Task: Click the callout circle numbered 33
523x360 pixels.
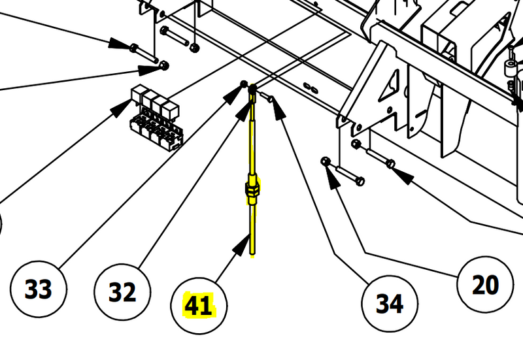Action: [x=39, y=289]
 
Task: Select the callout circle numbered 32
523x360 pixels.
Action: [x=122, y=292]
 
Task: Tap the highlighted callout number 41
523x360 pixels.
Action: [x=199, y=305]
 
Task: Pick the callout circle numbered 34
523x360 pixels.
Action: [x=390, y=304]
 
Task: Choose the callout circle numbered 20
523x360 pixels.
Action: [x=485, y=284]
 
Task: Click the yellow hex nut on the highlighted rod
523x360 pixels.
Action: [x=252, y=189]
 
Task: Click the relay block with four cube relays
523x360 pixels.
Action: [x=156, y=118]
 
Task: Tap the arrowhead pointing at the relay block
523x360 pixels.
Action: [x=120, y=107]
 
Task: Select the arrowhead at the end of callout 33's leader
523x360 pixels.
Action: [x=233, y=95]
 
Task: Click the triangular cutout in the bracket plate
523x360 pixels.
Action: [x=390, y=86]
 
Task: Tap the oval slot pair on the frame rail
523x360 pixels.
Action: [x=310, y=88]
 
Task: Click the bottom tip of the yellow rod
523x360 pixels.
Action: [x=252, y=256]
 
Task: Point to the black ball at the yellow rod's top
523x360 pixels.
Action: [x=253, y=89]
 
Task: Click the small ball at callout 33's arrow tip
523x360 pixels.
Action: [x=244, y=84]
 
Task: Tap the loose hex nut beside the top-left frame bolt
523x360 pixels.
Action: [x=194, y=47]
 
